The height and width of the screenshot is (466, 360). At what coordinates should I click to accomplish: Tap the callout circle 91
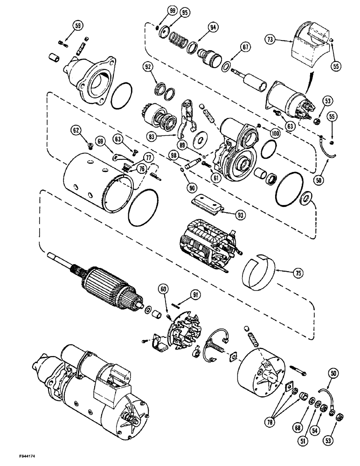click(194, 294)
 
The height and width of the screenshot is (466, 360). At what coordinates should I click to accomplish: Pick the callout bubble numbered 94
click(213, 28)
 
